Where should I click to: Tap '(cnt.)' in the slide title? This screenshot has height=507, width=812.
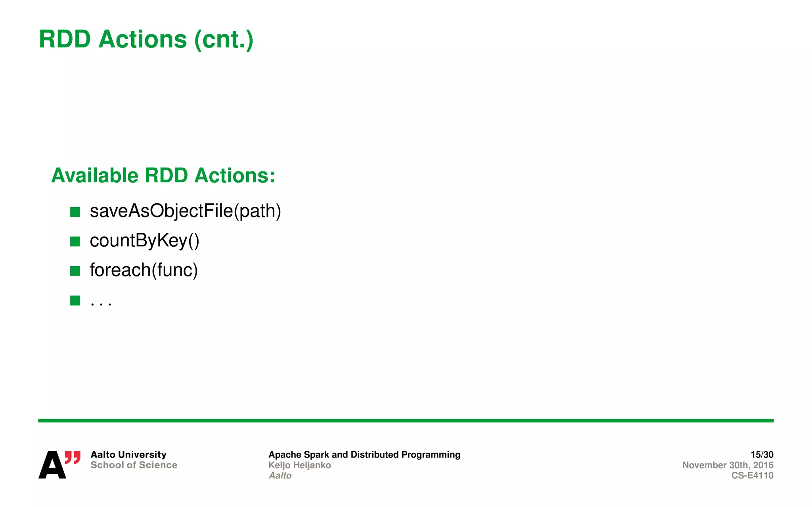pyautogui.click(x=224, y=40)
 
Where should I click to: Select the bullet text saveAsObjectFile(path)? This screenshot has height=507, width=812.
pyautogui.click(x=185, y=211)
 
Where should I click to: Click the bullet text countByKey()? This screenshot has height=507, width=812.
pyautogui.click(x=144, y=240)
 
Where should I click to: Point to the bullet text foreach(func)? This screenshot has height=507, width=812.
pyautogui.click(x=144, y=270)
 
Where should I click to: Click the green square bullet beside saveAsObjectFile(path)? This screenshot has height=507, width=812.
pyautogui.click(x=75, y=212)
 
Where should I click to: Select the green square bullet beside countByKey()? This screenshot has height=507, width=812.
pyautogui.click(x=75, y=241)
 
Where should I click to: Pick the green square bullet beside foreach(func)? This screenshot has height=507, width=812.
pyautogui.click(x=75, y=271)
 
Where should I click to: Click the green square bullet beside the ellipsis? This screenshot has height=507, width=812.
pyautogui.click(x=75, y=301)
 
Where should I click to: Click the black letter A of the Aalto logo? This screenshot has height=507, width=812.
pyautogui.click(x=52, y=465)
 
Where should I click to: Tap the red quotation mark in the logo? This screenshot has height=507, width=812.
pyautogui.click(x=73, y=457)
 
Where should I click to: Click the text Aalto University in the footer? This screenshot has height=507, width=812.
pyautogui.click(x=128, y=454)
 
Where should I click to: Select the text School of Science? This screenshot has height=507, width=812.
pyautogui.click(x=134, y=465)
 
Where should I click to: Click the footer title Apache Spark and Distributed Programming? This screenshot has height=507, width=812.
pyautogui.click(x=364, y=454)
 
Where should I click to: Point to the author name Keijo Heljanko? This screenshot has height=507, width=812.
pyautogui.click(x=300, y=465)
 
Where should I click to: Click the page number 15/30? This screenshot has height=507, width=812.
pyautogui.click(x=762, y=454)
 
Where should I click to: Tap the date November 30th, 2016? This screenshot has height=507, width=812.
pyautogui.click(x=728, y=465)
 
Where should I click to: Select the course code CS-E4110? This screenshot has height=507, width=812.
pyautogui.click(x=752, y=475)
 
